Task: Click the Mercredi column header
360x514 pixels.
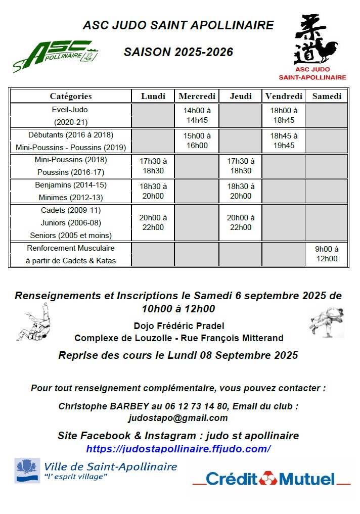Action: pyautogui.click(x=197, y=96)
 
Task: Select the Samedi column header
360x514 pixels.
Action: pyautogui.click(x=327, y=96)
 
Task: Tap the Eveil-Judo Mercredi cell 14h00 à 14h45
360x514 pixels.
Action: pyautogui.click(x=197, y=115)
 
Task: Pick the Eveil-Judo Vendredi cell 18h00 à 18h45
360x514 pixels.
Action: pyautogui.click(x=283, y=115)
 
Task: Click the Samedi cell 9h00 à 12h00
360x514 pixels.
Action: pyautogui.click(x=327, y=254)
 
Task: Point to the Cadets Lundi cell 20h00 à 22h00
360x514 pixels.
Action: pyautogui.click(x=153, y=222)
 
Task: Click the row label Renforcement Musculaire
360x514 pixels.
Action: pyautogui.click(x=71, y=248)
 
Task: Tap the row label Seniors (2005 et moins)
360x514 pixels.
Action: pyautogui.click(x=71, y=235)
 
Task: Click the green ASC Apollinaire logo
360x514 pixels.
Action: pyautogui.click(x=56, y=55)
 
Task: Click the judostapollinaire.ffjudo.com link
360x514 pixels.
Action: pyautogui.click(x=178, y=448)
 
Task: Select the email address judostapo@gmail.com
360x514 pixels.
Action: pyautogui.click(x=178, y=418)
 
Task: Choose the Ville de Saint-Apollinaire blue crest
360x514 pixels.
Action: pyautogui.click(x=27, y=471)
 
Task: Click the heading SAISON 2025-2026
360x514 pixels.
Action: pyautogui.click(x=178, y=52)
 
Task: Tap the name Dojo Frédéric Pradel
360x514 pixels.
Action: pyautogui.click(x=178, y=326)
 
